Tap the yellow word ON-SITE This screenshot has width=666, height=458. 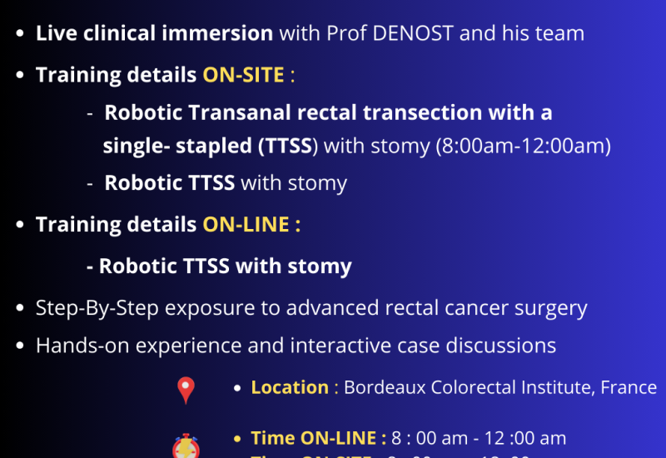[x=243, y=75]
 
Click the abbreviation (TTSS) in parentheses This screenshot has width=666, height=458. [x=287, y=147]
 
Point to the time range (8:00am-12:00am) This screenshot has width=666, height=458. [x=524, y=147]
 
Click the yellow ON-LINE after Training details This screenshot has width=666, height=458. [x=247, y=226]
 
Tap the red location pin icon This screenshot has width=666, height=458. [x=186, y=390]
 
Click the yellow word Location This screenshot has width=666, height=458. [x=290, y=387]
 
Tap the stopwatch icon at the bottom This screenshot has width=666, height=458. [x=185, y=446]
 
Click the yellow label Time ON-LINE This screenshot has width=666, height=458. [x=318, y=438]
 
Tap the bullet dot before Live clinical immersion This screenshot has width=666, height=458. [x=19, y=35]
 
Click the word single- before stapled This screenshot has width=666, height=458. [x=136, y=147]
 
